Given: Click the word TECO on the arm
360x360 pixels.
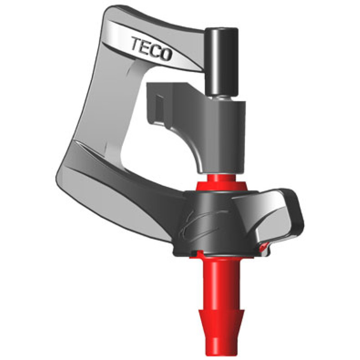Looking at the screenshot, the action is pyautogui.click(x=152, y=49).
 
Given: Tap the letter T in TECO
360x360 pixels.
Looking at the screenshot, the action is pyautogui.click(x=137, y=44).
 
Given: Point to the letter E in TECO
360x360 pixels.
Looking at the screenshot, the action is pyautogui.click(x=146, y=47).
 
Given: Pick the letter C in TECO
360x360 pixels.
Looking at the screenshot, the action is pyautogui.click(x=155, y=50).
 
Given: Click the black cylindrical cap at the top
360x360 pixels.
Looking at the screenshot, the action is pyautogui.click(x=221, y=61).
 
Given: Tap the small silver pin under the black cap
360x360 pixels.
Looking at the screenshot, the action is pyautogui.click(x=221, y=98).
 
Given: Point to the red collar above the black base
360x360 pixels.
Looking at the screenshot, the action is pyautogui.click(x=221, y=183).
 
